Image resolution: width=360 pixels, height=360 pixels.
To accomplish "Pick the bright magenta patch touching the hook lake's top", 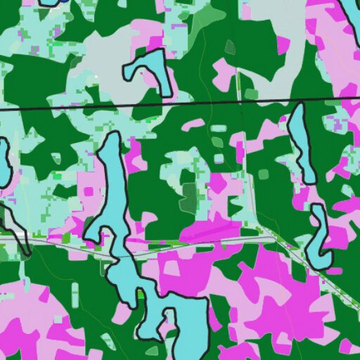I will (x=163, y=43).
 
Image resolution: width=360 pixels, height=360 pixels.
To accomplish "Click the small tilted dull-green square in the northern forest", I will (x=230, y=47).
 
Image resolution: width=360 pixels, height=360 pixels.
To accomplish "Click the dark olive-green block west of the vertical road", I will (x=188, y=198).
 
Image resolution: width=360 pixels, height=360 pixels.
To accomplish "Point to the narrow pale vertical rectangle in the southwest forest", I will (x=75, y=295).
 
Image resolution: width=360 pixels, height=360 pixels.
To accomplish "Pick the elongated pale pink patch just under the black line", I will (x=195, y=124).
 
